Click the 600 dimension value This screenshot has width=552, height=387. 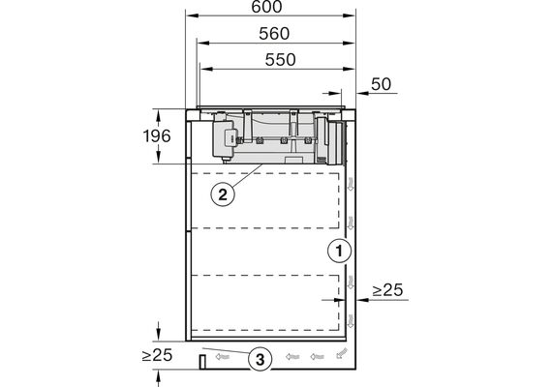[x=266, y=7]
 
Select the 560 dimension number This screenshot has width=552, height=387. [x=274, y=34]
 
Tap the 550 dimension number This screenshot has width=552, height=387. [x=280, y=60]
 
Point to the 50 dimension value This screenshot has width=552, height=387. [x=381, y=84]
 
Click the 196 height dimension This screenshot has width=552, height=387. [x=157, y=136]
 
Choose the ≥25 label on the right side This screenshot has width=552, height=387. [x=387, y=290]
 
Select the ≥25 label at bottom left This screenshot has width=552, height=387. [x=157, y=355]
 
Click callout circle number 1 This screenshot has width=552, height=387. [x=339, y=252]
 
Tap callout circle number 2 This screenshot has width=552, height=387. [x=223, y=194]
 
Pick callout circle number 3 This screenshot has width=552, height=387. [x=260, y=360]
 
